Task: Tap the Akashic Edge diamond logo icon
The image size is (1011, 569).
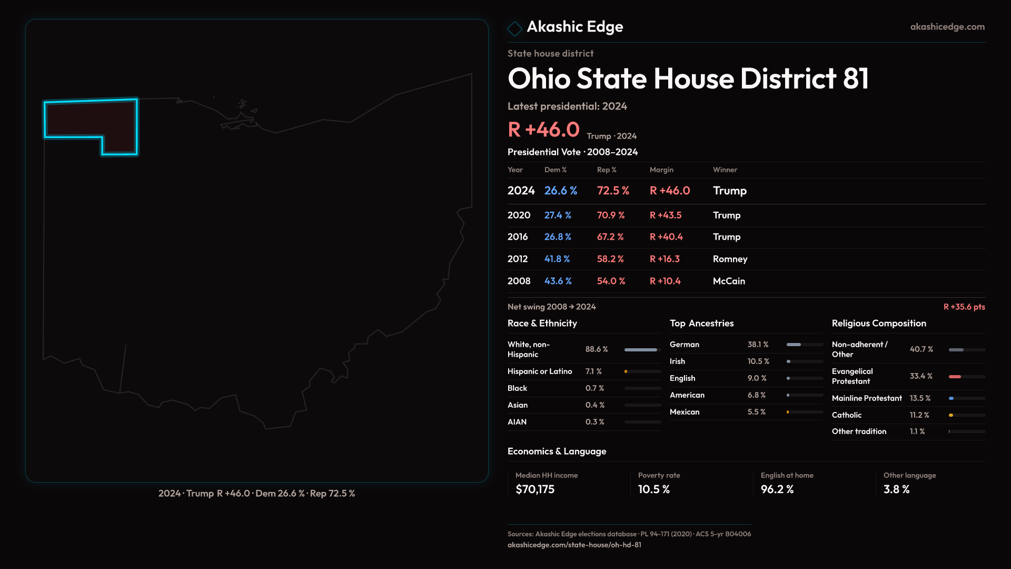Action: click(514, 28)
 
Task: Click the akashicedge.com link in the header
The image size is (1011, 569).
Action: click(947, 27)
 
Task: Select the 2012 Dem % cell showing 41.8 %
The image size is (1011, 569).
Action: click(557, 259)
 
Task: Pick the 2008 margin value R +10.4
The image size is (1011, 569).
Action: click(665, 281)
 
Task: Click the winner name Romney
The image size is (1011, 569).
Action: click(730, 259)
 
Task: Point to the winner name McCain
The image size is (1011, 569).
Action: click(729, 281)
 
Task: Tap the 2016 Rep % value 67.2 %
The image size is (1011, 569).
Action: click(610, 237)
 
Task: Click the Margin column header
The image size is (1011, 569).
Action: click(661, 170)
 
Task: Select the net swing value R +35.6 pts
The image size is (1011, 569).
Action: click(964, 307)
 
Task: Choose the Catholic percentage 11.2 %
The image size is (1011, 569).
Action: click(919, 415)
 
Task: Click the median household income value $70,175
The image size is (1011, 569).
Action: click(535, 489)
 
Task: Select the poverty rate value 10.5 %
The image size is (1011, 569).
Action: click(653, 489)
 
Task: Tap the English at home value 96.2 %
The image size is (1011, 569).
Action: click(777, 489)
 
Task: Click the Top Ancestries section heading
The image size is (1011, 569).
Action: click(701, 323)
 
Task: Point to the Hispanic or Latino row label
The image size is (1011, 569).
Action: click(539, 371)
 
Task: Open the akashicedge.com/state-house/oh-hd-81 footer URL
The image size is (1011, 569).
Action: click(574, 545)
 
